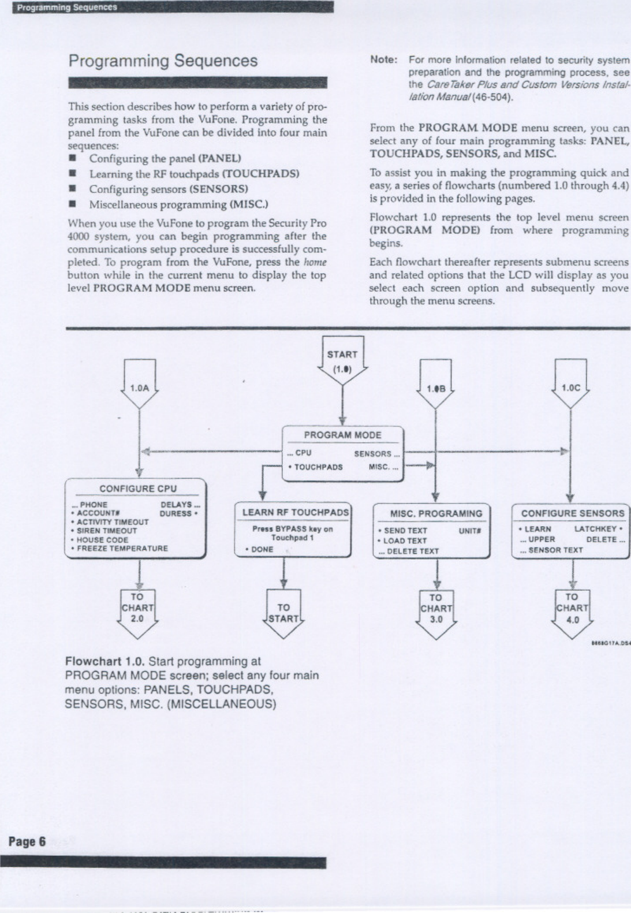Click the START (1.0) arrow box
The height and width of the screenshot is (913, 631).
342,362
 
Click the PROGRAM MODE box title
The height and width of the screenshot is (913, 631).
342,435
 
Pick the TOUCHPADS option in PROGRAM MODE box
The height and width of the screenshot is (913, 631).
318,467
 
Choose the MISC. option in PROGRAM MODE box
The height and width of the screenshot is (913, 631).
383,467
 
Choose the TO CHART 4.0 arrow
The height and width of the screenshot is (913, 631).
572,609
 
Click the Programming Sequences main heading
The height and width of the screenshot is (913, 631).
163,61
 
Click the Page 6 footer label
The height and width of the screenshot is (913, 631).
27,842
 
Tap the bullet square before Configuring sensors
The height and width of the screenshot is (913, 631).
73,189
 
